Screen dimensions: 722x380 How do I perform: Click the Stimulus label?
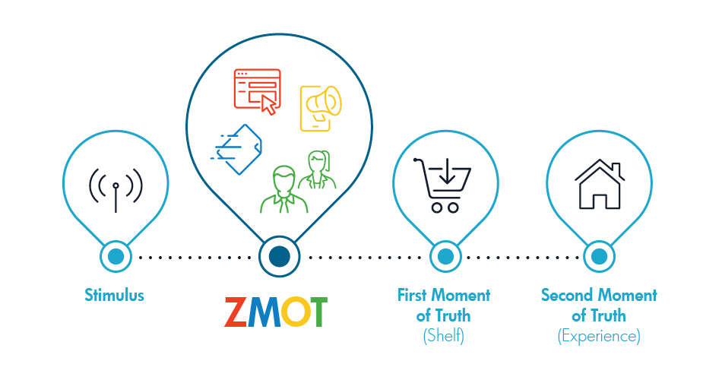[114, 295]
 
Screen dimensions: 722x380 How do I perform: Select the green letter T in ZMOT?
[316, 312]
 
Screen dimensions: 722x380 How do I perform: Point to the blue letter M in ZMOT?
[264, 312]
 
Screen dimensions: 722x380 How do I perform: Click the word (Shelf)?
[443, 336]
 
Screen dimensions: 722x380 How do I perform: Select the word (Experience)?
[599, 336]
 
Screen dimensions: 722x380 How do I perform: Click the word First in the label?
[412, 295]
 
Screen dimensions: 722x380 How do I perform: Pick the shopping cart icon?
[442, 185]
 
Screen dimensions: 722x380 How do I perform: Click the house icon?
[600, 184]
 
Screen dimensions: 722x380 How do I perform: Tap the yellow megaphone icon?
[321, 108]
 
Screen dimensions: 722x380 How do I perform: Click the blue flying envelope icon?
[236, 149]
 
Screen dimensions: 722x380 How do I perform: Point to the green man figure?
[284, 190]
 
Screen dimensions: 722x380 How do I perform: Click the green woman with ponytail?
[317, 169]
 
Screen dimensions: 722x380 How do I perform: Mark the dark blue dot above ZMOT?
[279, 257]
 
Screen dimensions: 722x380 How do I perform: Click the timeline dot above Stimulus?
[116, 257]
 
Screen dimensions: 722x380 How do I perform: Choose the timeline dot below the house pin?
[599, 257]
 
